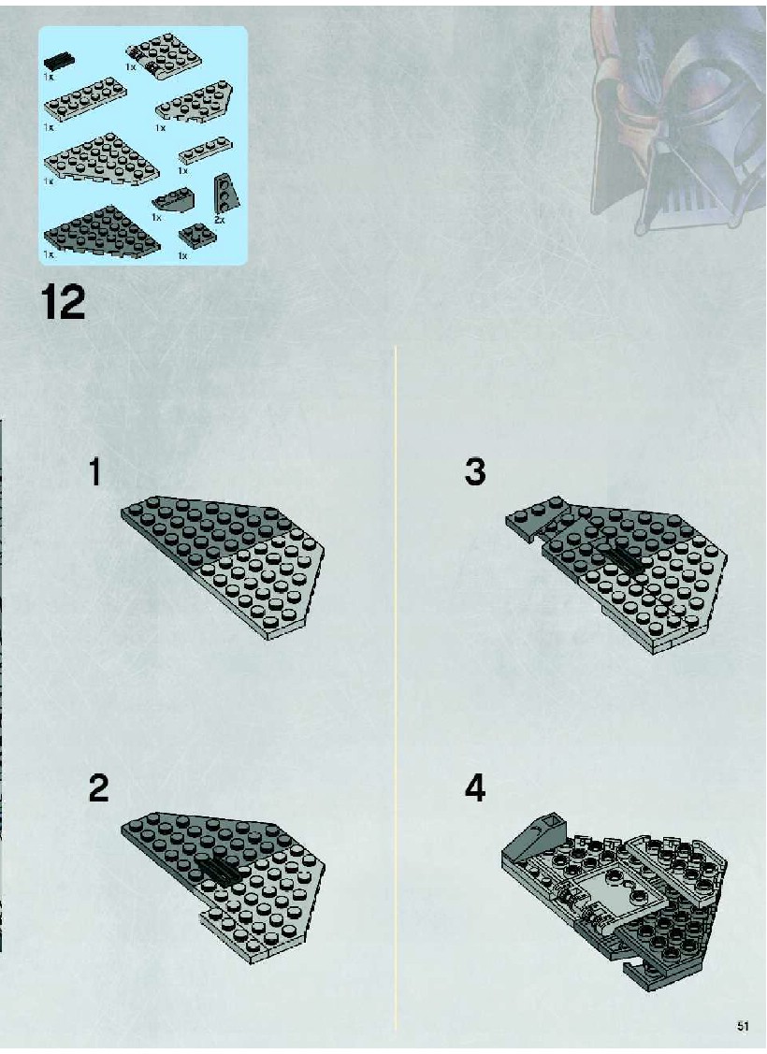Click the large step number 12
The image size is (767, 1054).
[64, 302]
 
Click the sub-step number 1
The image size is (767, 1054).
[95, 472]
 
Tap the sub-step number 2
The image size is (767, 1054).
[98, 787]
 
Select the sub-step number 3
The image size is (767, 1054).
[474, 472]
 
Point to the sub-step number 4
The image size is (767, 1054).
[474, 787]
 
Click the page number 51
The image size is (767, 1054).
[742, 1027]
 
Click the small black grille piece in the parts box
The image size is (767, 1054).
[59, 61]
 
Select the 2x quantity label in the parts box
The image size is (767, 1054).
[219, 219]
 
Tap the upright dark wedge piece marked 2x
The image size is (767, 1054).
[226, 193]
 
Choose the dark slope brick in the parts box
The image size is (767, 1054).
[173, 199]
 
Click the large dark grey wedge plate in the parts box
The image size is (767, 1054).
[102, 232]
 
